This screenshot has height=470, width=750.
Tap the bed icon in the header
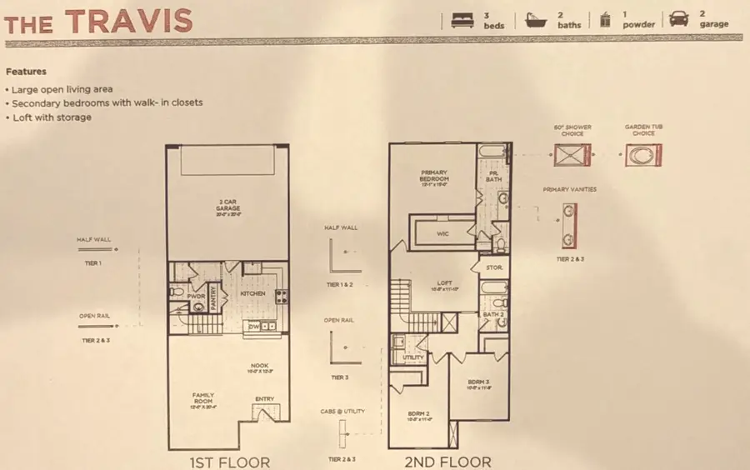pos(460,19)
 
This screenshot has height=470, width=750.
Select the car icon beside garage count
pos(679,19)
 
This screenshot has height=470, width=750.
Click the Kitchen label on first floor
pos(252,294)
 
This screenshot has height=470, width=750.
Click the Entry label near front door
pos(264,398)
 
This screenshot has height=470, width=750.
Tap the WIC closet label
pos(443,234)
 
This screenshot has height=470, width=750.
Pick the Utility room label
pos(413,357)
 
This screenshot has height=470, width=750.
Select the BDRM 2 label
pos(417,413)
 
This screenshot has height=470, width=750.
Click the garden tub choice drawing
pos(644,155)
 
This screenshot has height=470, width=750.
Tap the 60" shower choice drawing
pos(572,155)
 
